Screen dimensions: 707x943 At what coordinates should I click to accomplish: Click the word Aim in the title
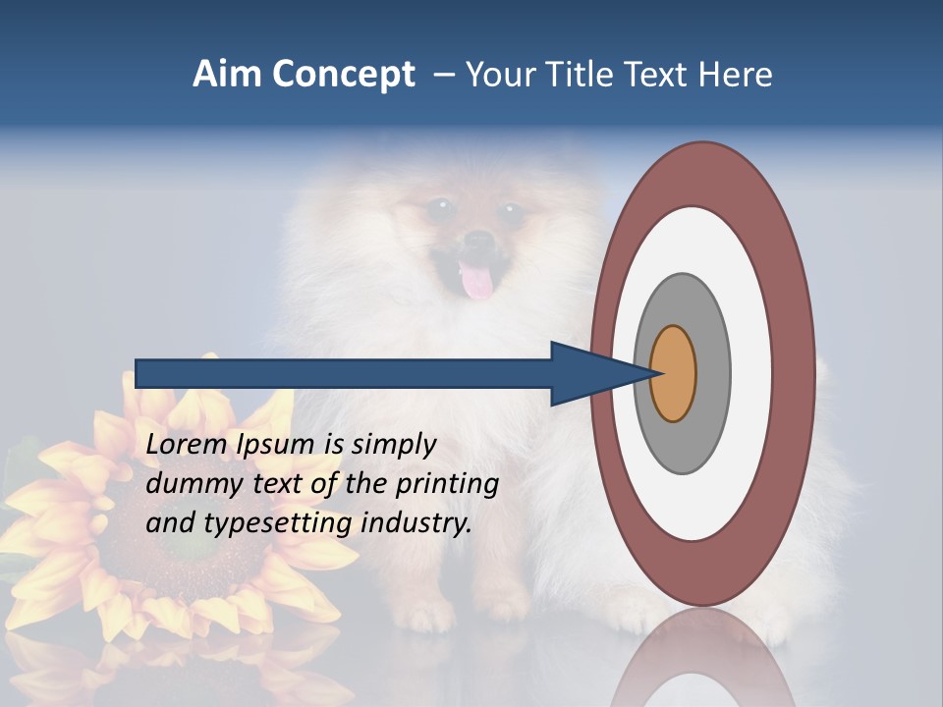[226, 75]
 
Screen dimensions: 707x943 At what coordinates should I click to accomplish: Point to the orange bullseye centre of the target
[673, 373]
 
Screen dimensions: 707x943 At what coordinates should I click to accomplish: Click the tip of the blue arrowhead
[656, 373]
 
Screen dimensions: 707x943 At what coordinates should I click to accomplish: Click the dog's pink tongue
[477, 283]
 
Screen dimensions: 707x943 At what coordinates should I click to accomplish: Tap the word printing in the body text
[447, 485]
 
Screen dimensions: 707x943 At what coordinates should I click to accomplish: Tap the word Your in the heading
[499, 75]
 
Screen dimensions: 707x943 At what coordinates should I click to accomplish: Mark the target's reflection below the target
[702, 658]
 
